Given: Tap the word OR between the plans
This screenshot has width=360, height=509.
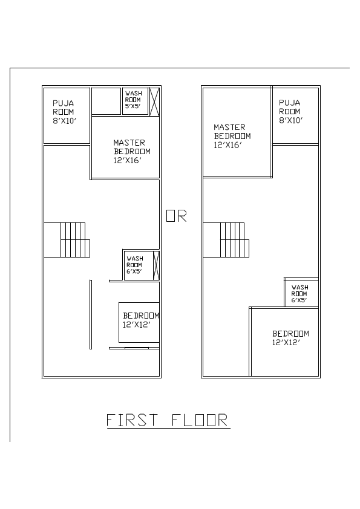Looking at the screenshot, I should (x=177, y=216).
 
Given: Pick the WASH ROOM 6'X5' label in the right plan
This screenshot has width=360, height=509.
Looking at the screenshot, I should (x=299, y=294).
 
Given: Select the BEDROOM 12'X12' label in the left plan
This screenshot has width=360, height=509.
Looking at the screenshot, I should (x=140, y=320).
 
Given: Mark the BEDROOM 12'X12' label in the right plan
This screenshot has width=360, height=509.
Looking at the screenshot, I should (x=290, y=337).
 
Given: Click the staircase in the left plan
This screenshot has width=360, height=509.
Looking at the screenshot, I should (x=73, y=239).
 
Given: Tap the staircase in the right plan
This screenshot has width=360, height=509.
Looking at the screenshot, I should (x=233, y=239).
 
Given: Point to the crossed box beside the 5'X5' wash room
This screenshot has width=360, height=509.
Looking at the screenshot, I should (x=154, y=101).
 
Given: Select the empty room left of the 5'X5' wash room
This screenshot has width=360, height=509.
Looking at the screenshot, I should (x=106, y=101).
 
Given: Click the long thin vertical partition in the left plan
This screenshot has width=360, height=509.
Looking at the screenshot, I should (x=91, y=314).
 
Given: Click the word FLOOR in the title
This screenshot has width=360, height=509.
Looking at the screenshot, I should (x=200, y=420).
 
